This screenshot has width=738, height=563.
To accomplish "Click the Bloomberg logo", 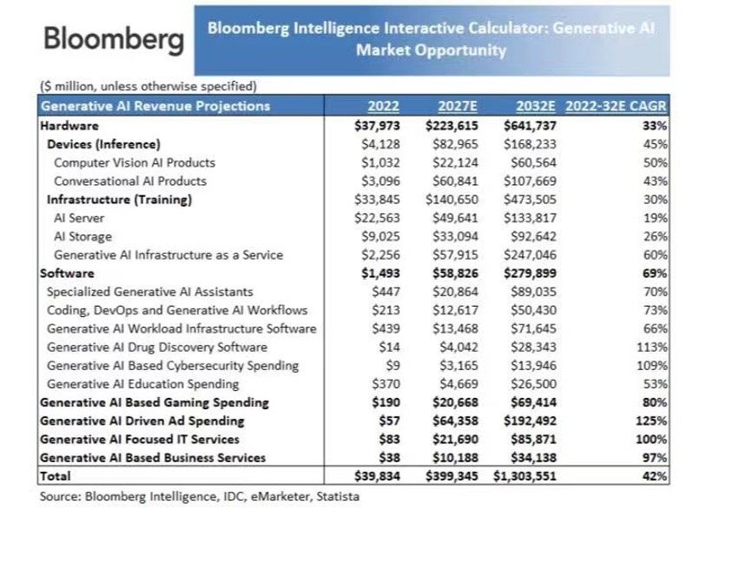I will click(x=113, y=39).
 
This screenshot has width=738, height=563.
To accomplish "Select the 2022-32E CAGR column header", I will click(x=616, y=107).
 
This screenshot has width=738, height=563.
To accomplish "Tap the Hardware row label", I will click(x=69, y=125).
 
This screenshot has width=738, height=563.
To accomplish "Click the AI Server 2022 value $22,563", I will click(x=376, y=218).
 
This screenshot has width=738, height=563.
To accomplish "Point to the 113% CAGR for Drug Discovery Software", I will click(x=654, y=348).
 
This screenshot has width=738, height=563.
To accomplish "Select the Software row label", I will click(x=68, y=274).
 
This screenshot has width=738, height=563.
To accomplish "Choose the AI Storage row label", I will click(x=82, y=236).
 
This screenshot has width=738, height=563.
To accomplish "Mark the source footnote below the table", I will click(x=199, y=497).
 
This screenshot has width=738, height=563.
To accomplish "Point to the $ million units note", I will click(x=148, y=86).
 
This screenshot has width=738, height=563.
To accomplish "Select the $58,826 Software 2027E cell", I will click(x=455, y=274).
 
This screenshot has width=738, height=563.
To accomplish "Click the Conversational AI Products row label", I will click(x=130, y=181).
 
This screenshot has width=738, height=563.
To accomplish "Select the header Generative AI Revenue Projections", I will click(x=155, y=107).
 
